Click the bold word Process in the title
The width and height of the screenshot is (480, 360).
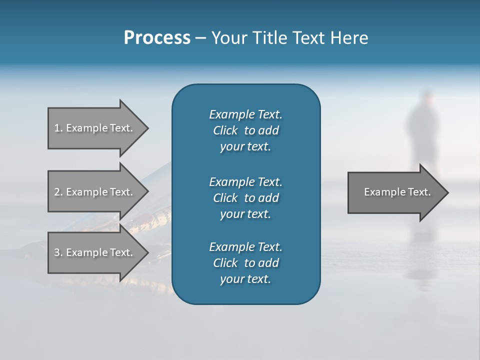point(157,38)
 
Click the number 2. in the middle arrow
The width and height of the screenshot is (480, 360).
point(58,192)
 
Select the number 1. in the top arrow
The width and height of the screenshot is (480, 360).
point(58,128)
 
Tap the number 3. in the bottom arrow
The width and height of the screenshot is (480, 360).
point(58,252)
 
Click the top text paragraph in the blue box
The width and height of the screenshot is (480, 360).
point(245,130)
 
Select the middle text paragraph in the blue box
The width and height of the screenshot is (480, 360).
point(245,197)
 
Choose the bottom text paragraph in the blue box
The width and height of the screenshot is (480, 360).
point(245,263)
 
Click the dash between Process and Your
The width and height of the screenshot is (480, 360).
point(200,38)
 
